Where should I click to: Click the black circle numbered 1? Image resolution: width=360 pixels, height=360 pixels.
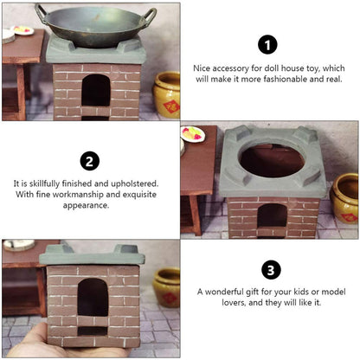(x=267, y=45)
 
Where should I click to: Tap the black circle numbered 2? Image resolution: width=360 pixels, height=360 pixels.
(x=90, y=161)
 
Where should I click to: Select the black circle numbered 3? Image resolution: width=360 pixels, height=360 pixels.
(x=271, y=270)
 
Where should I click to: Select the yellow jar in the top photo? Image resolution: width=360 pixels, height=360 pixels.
(x=167, y=94)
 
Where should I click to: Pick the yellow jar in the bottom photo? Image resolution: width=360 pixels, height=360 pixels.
(x=167, y=287)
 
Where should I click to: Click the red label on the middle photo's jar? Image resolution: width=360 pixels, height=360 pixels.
(x=349, y=217)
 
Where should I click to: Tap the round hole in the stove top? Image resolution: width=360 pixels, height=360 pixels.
(x=272, y=159)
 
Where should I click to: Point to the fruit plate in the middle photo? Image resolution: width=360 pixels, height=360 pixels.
(x=193, y=134)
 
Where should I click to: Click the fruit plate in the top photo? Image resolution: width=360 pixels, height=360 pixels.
(x=22, y=30)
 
